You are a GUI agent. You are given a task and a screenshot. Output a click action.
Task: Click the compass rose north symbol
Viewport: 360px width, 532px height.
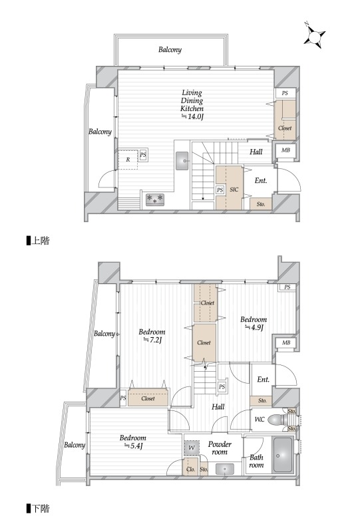point(315,35)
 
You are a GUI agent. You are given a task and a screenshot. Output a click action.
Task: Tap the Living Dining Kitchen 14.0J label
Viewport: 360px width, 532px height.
point(192,104)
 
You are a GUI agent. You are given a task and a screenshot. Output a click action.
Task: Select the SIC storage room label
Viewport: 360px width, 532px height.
point(234,190)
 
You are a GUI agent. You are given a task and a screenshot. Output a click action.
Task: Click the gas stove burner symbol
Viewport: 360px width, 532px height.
point(155,199)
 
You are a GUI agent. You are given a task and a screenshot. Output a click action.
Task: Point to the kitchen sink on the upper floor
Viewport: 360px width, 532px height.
point(183,160)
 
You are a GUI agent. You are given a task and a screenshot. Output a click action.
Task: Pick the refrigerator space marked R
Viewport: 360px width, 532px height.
point(128,159)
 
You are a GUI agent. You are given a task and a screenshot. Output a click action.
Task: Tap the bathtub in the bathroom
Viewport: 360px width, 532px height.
point(283,455)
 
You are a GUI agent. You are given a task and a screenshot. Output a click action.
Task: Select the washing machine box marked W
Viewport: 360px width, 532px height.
point(192,448)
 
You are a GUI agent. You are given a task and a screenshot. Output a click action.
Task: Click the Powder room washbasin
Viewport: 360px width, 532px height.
point(224,469)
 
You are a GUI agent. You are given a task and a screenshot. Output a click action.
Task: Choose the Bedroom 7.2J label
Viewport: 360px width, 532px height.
point(152,336)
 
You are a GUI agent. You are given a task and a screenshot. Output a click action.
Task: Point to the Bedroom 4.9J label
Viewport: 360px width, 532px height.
point(254,323)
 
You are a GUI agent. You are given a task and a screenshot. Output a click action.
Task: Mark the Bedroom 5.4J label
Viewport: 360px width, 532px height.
point(133,442)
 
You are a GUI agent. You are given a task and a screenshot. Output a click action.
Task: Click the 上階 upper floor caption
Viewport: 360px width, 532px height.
point(38,241)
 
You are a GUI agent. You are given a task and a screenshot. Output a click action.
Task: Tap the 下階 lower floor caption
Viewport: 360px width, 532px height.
point(38,509)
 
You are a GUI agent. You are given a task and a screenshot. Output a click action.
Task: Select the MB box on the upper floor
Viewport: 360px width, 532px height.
point(285,150)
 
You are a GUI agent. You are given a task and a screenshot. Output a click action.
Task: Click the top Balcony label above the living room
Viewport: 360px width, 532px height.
point(170,50)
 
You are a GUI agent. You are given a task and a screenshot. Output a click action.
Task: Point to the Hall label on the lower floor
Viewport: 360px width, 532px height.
point(218,406)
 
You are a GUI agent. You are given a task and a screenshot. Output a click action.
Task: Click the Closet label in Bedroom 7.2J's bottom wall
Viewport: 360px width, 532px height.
point(148,398)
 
